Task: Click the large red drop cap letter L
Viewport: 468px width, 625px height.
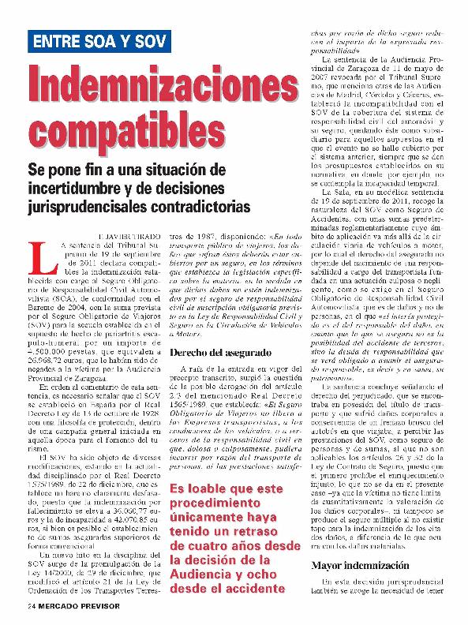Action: point(39,257)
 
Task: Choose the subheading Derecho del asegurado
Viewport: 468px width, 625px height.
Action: point(220,352)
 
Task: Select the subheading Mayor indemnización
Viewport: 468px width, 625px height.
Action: point(359,566)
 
